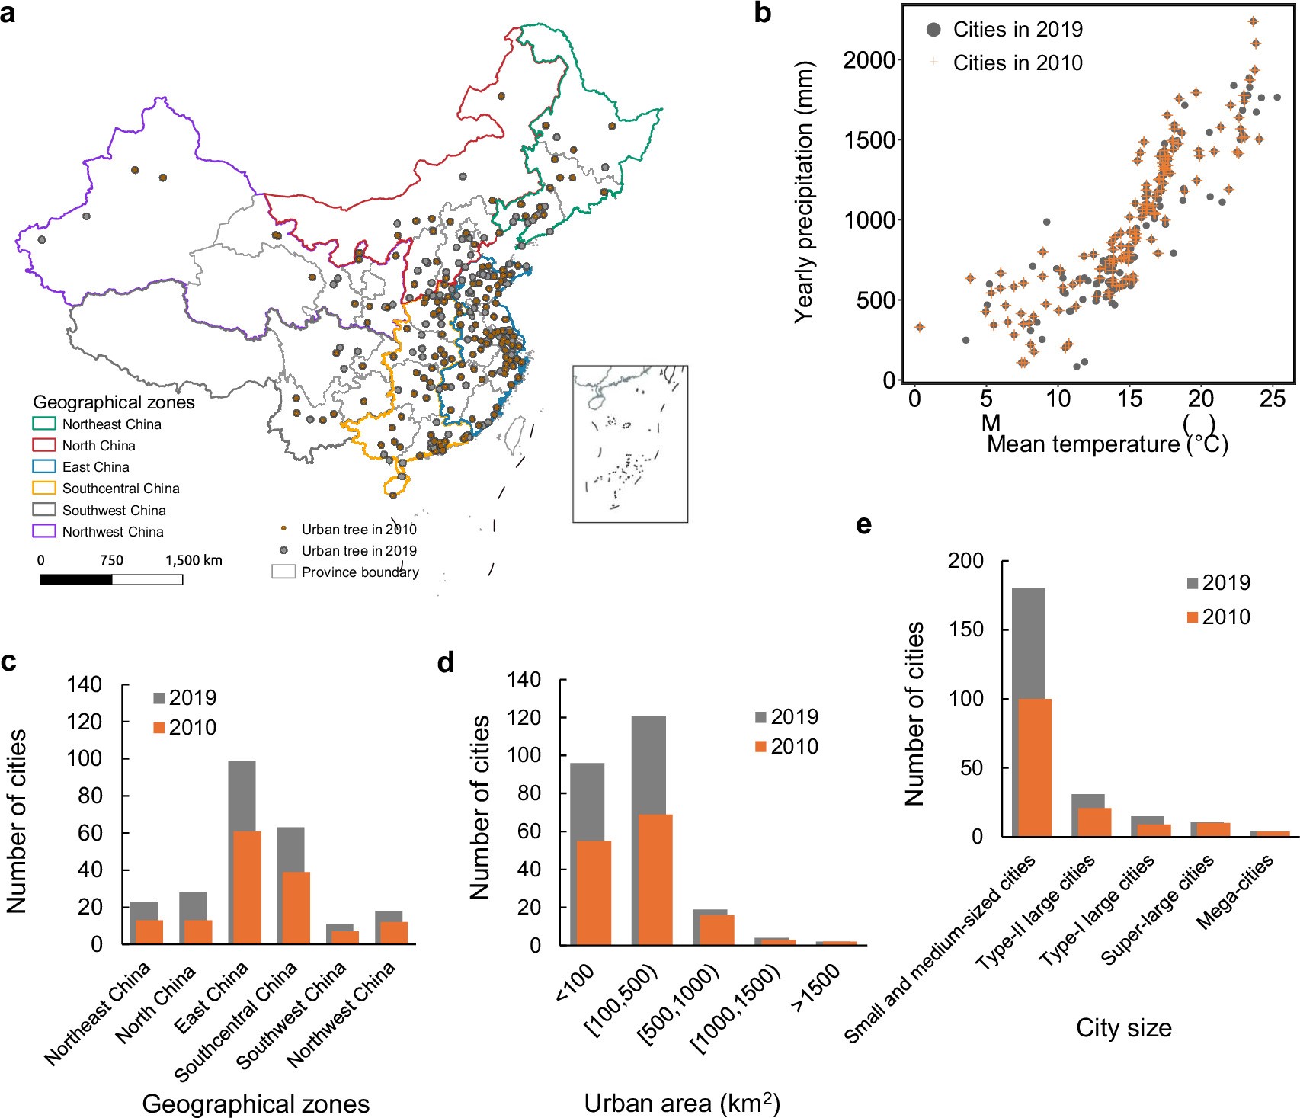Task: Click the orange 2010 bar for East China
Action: tap(247, 888)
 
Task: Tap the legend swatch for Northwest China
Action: tap(44, 531)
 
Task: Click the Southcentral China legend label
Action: tap(120, 489)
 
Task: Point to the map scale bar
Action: tap(111, 580)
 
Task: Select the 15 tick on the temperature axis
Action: tap(1129, 399)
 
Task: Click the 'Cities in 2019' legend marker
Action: tap(933, 30)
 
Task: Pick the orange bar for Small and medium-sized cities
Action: tap(1034, 767)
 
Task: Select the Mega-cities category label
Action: tap(1234, 892)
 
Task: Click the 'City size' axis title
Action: tap(1123, 1028)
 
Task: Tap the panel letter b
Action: tap(762, 13)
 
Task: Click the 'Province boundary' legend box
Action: tap(283, 572)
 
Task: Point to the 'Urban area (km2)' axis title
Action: tap(681, 1103)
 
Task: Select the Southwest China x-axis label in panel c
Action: tap(291, 1016)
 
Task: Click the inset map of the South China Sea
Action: tap(630, 444)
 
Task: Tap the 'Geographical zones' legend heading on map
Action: tap(114, 402)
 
